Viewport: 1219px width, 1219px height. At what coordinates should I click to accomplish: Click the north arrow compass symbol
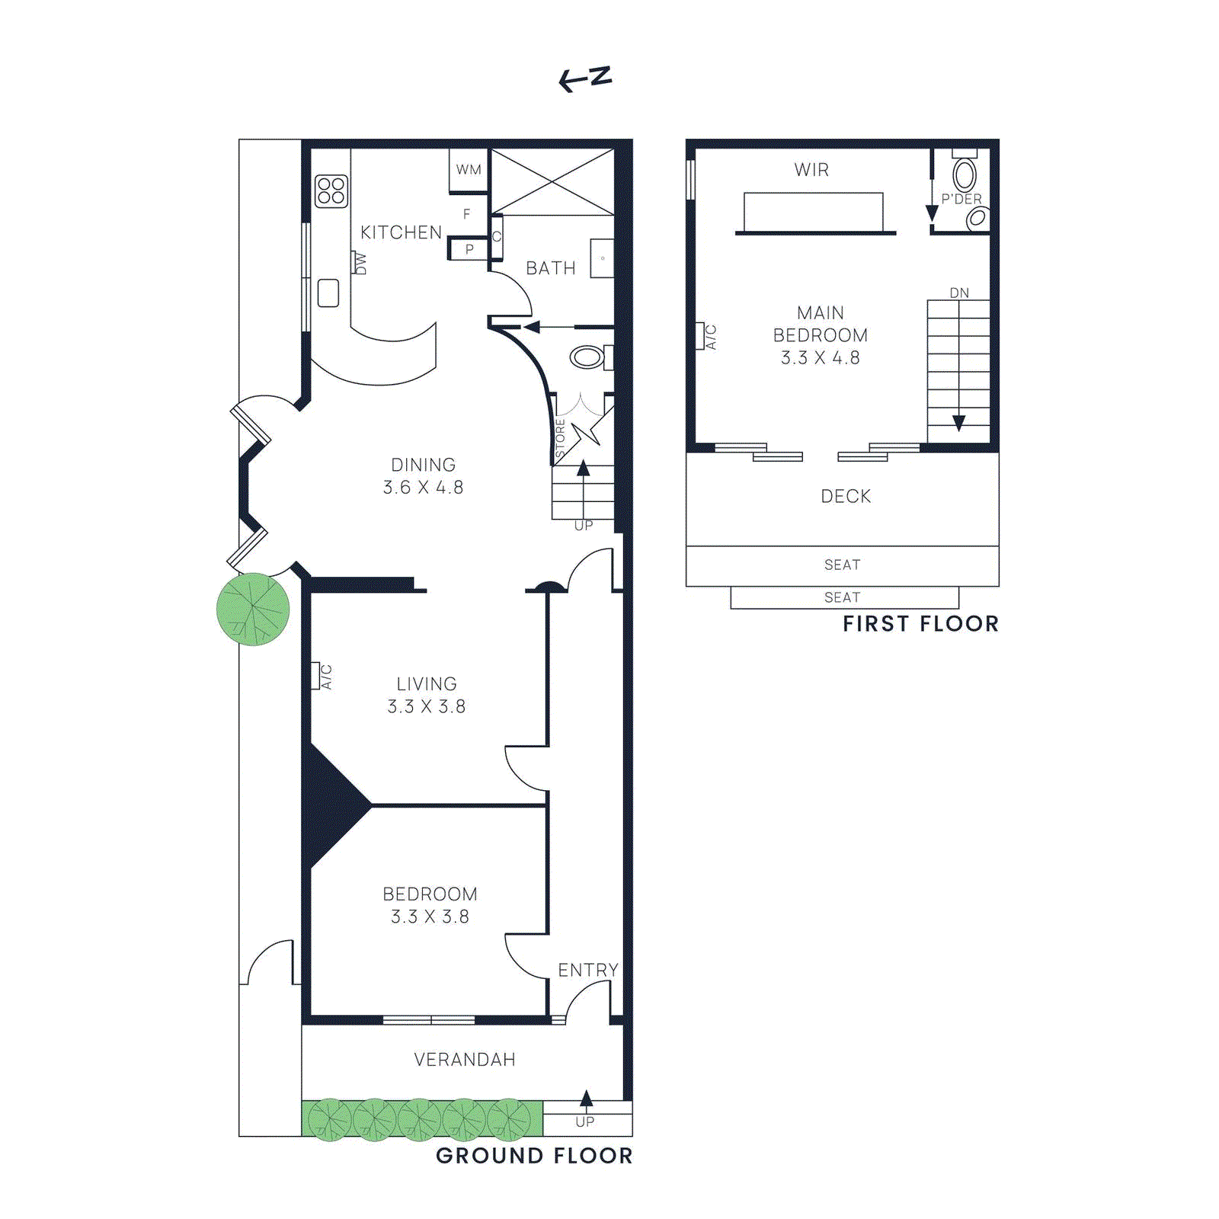pyautogui.click(x=585, y=78)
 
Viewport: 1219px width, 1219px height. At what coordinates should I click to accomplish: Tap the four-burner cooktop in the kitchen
pyautogui.click(x=331, y=191)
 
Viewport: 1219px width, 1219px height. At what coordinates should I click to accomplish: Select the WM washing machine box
pyautogui.click(x=469, y=169)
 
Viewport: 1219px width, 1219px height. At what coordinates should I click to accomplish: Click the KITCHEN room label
pyautogui.click(x=401, y=232)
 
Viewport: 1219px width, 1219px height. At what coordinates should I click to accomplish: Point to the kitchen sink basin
pyautogui.click(x=328, y=293)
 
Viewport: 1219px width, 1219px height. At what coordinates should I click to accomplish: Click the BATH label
pyautogui.click(x=550, y=268)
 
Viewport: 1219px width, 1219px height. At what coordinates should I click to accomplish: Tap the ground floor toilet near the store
pyautogui.click(x=587, y=357)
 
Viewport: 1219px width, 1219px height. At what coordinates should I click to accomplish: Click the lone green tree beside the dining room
pyautogui.click(x=253, y=609)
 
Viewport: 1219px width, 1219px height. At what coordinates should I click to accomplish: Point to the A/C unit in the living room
pyautogui.click(x=315, y=676)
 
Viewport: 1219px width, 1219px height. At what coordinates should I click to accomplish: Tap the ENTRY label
pyautogui.click(x=587, y=970)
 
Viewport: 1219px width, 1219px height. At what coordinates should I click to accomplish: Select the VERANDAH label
pyautogui.click(x=464, y=1059)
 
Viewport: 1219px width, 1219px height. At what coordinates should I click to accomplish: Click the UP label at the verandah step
pyautogui.click(x=585, y=1121)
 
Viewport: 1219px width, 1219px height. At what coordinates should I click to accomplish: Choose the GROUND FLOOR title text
pyautogui.click(x=533, y=1156)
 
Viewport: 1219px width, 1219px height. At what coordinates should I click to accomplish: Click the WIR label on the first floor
pyautogui.click(x=811, y=170)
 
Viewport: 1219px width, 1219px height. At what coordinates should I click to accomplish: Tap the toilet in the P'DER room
pyautogui.click(x=965, y=174)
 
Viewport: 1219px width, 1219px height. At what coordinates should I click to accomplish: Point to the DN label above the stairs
pyautogui.click(x=959, y=293)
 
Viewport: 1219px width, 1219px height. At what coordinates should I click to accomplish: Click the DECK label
pyautogui.click(x=845, y=496)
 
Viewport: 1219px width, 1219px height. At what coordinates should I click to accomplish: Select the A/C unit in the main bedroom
pyautogui.click(x=700, y=336)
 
